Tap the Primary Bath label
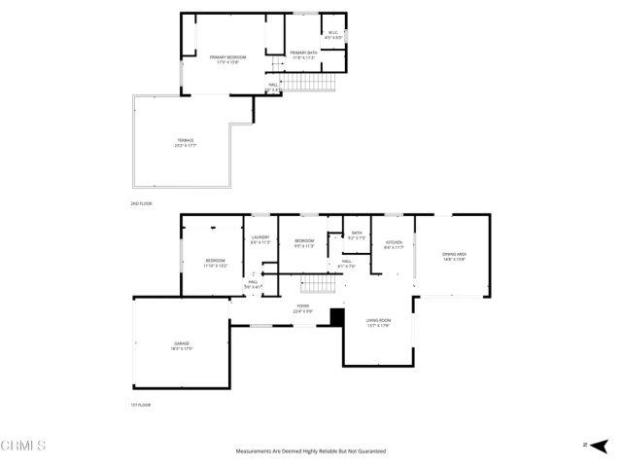pyautogui.click(x=304, y=54)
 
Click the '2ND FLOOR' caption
pyautogui.click(x=142, y=203)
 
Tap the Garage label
pyautogui.click(x=182, y=345)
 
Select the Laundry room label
pyautogui.click(x=259, y=240)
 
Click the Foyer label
pyautogui.click(x=303, y=308)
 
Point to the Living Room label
pyautogui.click(x=378, y=322)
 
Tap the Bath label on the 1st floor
pyautogui.click(x=357, y=234)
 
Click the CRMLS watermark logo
pyautogui.click(x=23, y=447)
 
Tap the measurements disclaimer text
pyautogui.click(x=311, y=451)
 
